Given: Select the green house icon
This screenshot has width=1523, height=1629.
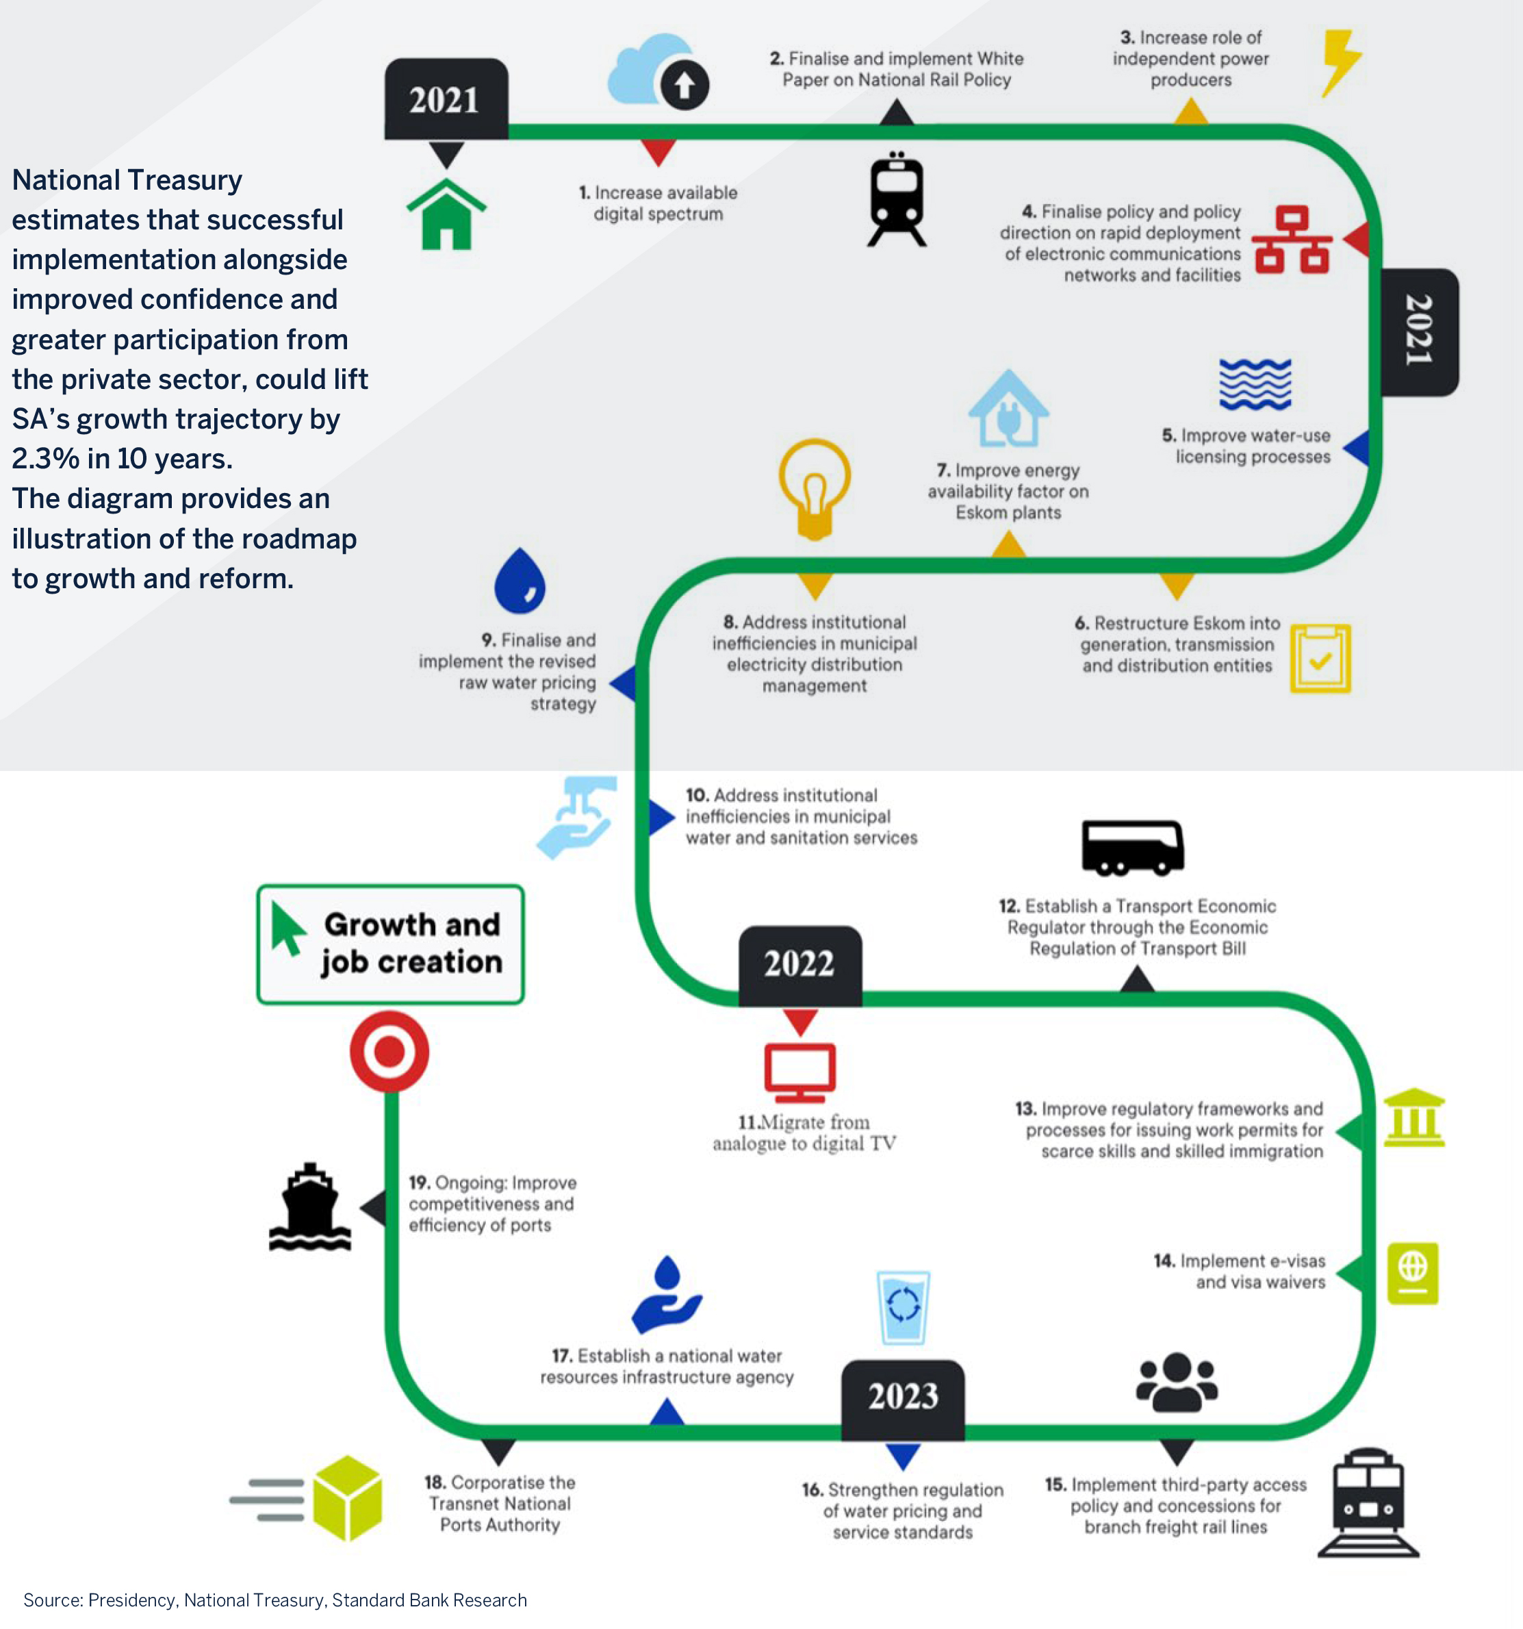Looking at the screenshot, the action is click(446, 215).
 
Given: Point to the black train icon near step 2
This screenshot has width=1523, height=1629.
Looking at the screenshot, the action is click(897, 199).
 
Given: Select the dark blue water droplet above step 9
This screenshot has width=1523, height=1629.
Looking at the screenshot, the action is click(520, 581).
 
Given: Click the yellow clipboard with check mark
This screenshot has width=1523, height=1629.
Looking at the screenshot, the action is click(1320, 659).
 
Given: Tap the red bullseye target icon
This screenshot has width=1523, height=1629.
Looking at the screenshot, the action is click(389, 1051).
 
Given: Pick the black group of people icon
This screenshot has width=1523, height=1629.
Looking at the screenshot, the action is click(1177, 1382).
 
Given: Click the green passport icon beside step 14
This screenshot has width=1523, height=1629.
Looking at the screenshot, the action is click(1412, 1274).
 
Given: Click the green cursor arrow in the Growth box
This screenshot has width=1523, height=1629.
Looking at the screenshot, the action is click(287, 929).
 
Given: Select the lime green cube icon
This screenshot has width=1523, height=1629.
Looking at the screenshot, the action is click(347, 1498).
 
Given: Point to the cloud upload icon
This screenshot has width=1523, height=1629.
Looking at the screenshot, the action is click(658, 72).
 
